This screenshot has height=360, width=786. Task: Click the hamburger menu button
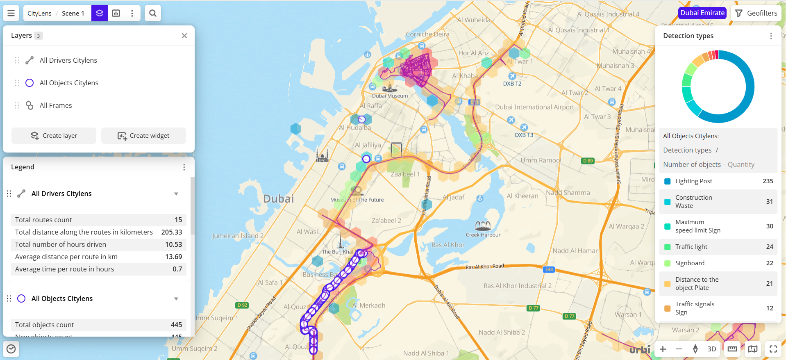click(11, 13)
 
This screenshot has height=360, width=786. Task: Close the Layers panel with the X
click(184, 36)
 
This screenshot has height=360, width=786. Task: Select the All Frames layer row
click(56, 105)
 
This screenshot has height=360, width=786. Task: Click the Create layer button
click(54, 136)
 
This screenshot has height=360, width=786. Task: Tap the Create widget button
click(143, 136)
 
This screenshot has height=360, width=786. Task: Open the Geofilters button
click(756, 13)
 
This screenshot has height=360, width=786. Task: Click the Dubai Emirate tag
click(702, 13)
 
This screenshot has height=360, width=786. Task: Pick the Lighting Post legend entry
click(693, 181)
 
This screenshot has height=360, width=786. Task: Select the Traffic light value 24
click(769, 247)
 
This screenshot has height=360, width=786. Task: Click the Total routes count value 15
click(178, 220)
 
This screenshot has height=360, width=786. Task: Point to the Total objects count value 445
click(176, 325)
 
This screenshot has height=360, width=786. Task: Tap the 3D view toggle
click(711, 349)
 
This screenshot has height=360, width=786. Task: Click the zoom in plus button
click(663, 349)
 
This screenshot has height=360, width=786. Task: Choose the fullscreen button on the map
click(773, 349)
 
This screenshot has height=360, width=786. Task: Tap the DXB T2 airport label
click(512, 84)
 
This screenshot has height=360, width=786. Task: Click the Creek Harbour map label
click(483, 235)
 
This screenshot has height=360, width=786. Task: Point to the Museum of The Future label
click(357, 200)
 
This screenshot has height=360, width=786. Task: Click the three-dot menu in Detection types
click(771, 36)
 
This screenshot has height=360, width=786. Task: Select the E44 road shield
click(549, 269)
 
